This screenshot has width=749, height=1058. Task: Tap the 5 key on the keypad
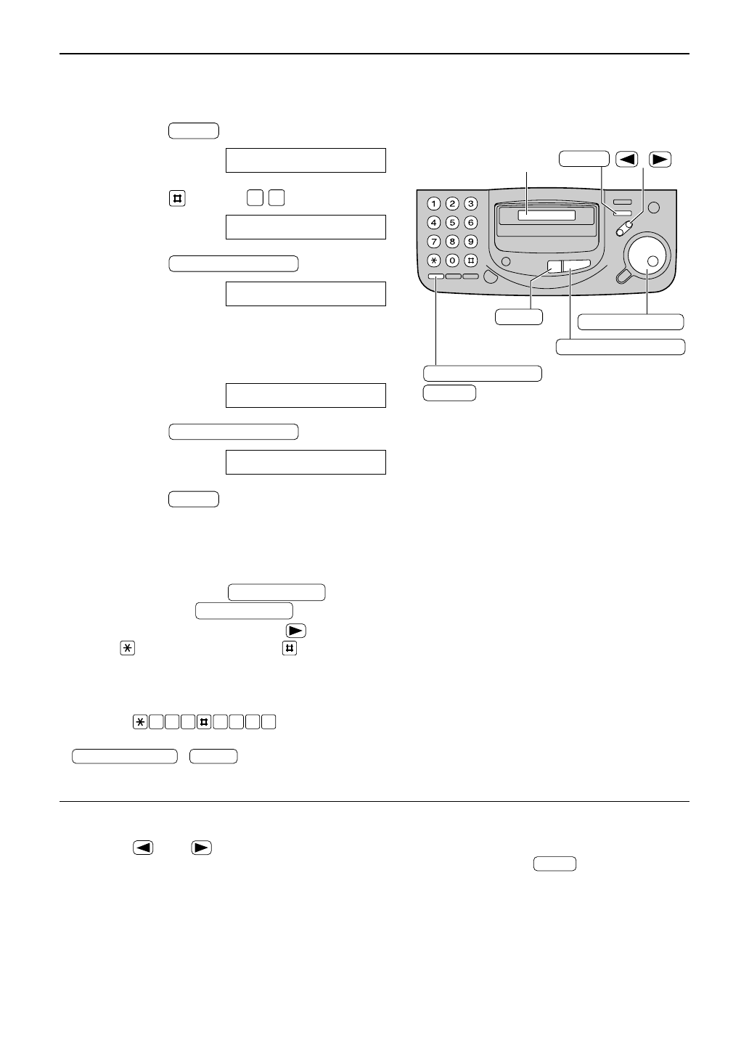[x=451, y=223]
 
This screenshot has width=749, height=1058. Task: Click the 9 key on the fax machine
[x=470, y=241]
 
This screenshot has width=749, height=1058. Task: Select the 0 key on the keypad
[x=451, y=260]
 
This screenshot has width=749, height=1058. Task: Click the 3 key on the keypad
[x=470, y=204]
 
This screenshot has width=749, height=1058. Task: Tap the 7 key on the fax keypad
[x=433, y=241]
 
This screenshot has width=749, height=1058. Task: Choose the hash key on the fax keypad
[x=470, y=260]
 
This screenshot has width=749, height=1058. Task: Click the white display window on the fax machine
[x=547, y=216]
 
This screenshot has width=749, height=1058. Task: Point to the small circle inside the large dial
[x=652, y=261]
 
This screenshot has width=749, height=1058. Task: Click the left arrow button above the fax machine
[x=626, y=159]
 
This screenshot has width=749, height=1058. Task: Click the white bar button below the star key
[x=435, y=276]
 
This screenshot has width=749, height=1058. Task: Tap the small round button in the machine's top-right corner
[x=653, y=208]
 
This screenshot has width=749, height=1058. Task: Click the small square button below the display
[x=554, y=266]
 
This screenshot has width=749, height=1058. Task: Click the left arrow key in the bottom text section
[x=143, y=847]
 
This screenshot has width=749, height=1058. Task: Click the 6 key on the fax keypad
[x=470, y=223]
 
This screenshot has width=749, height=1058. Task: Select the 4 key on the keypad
[x=433, y=223]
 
